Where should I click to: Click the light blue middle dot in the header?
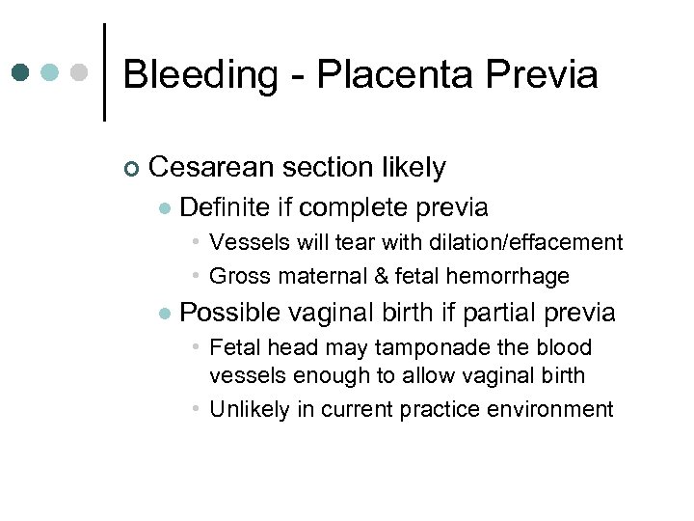click(x=51, y=72)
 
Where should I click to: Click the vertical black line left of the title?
click(x=104, y=71)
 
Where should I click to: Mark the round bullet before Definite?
click(x=165, y=208)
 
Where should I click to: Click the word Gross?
click(x=235, y=276)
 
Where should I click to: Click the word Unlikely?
click(x=249, y=409)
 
